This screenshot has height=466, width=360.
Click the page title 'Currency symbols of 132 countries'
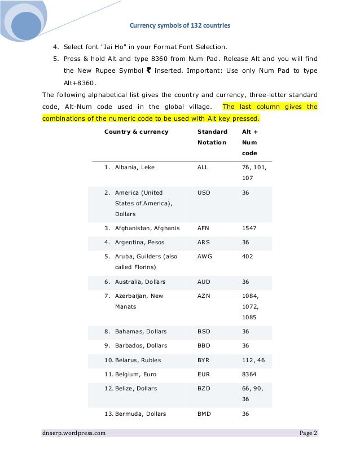[180, 25]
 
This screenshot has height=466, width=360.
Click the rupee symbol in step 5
[148, 71]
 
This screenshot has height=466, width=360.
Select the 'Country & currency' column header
[136, 131]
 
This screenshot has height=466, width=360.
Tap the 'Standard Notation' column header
[212, 137]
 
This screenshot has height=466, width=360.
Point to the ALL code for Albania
[203, 168]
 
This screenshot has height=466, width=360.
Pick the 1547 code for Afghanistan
[249, 228]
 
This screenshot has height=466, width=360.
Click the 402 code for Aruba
[247, 257]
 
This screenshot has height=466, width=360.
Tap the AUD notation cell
[204, 282]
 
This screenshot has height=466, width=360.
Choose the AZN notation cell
[204, 296]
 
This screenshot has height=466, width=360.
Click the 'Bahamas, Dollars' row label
[141, 332]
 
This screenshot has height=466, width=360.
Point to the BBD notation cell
[204, 346]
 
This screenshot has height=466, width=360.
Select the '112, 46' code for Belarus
[253, 360]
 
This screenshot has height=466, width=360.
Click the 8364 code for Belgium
[249, 375]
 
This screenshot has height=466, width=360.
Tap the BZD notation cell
[204, 389]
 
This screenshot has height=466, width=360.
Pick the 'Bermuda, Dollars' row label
[141, 414]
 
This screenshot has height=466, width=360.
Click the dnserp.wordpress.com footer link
[73, 433]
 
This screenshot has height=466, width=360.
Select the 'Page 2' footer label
[308, 433]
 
